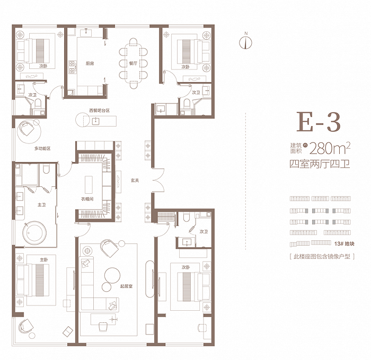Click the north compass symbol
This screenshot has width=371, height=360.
245,42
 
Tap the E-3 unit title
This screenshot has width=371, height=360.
319,122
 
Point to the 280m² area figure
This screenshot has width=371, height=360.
330,148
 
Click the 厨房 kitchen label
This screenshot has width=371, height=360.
90,64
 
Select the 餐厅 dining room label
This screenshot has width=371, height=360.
133,63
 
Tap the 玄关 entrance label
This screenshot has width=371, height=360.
135,181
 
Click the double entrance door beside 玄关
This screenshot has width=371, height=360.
158,180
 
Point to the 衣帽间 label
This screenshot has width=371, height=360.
87,199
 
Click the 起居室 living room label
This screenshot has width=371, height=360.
126,286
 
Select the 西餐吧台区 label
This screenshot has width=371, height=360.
100,111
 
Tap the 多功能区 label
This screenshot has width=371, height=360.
42,149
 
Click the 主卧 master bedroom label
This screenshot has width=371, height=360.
44,260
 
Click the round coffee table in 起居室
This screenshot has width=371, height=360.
112,275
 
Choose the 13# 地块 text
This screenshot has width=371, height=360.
344,244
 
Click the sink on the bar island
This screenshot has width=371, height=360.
95,121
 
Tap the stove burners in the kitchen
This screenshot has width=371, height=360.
72,67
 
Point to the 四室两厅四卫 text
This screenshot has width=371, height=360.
320,164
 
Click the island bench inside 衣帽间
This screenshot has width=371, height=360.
89,185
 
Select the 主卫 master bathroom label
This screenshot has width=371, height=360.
41,205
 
